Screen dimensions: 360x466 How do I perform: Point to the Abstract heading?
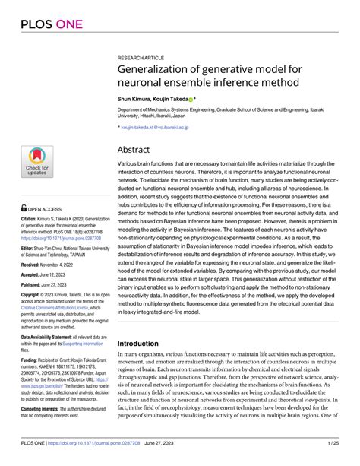(138, 150)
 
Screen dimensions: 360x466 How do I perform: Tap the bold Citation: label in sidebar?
(30, 217)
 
